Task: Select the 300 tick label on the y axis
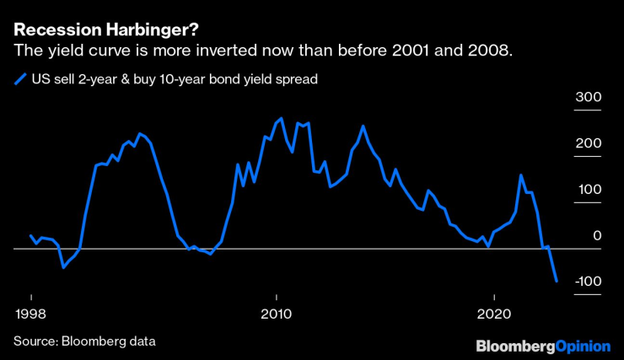588,98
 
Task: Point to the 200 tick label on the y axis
588,144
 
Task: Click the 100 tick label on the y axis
588,190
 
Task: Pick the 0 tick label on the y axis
597,235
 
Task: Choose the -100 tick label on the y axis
585,281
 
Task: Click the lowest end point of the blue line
557,281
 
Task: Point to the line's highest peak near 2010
281,119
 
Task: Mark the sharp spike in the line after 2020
521,175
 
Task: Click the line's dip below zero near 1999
62,267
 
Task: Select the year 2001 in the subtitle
416,51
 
